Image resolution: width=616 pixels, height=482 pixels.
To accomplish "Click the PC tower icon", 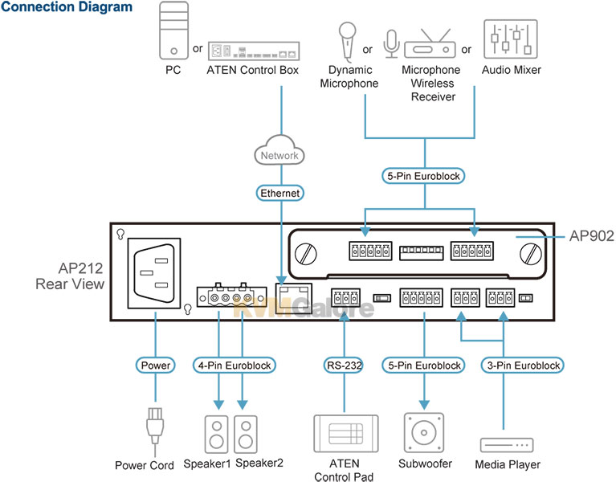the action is point(173,31).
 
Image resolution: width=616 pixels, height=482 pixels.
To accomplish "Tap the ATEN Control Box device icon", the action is point(254,51).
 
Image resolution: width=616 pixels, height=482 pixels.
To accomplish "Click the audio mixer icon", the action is point(511,39).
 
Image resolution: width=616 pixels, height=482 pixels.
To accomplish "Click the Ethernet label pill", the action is point(279,194).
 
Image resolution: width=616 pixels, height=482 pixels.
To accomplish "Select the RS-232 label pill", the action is point(345,366).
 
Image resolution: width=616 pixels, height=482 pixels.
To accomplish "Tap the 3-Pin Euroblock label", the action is point(523,366).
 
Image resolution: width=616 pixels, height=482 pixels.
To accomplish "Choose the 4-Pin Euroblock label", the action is point(235,366).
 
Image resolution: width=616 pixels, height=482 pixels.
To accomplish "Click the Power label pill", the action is point(156,366).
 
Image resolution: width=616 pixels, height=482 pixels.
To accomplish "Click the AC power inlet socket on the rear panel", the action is point(154,272).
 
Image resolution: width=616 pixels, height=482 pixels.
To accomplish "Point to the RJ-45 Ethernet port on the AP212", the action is point(293,298).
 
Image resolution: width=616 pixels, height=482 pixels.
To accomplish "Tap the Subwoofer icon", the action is point(424,432).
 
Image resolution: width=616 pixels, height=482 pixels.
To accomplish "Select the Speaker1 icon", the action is point(217,435).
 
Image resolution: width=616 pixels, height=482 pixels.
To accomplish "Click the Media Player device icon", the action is point(507,445).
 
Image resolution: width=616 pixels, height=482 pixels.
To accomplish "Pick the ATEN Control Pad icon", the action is point(346,433).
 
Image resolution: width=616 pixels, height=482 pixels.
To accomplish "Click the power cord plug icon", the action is point(155,426).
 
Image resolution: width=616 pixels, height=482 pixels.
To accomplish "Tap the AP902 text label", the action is point(591,235).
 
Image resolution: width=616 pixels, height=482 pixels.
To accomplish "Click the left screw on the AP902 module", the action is point(306,253).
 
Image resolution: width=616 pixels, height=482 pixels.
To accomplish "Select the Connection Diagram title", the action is point(67,6).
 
